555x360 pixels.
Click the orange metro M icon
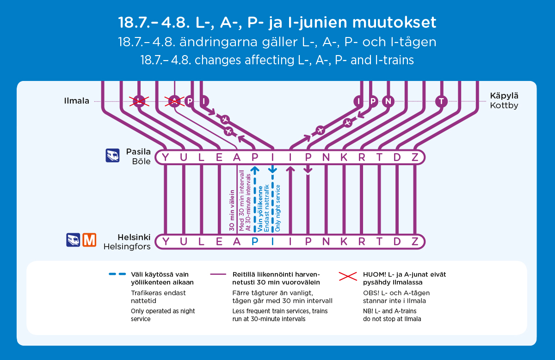pyautogui.click(x=89, y=240)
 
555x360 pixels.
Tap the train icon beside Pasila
pyautogui.click(x=112, y=155)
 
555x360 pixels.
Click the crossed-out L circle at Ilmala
pyautogui.click(x=139, y=101)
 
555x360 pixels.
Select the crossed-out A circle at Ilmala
pyautogui.click(x=175, y=101)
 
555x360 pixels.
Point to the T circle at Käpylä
pyautogui.click(x=441, y=101)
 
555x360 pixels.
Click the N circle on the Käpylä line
pyautogui.click(x=388, y=101)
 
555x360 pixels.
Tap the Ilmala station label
pyautogui.click(x=77, y=101)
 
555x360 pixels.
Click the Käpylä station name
pyautogui.click(x=504, y=96)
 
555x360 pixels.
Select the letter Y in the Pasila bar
pyautogui.click(x=166, y=157)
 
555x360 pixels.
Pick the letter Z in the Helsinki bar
pyautogui.click(x=415, y=242)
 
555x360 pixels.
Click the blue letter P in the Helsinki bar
pyautogui.click(x=255, y=242)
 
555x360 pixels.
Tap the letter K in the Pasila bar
pyautogui.click(x=344, y=157)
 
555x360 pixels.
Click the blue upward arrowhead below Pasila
pyautogui.click(x=255, y=169)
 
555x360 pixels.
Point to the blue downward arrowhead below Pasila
pyautogui.click(x=272, y=170)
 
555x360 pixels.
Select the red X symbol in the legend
pyautogui.click(x=348, y=276)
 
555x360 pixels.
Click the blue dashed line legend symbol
pyautogui.click(x=117, y=274)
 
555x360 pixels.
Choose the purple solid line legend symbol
pyautogui.click(x=218, y=274)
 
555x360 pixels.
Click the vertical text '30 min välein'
pyautogui.click(x=232, y=211)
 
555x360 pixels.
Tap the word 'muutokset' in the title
pyautogui.click(x=394, y=22)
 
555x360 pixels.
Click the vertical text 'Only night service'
pyautogui.click(x=278, y=208)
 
